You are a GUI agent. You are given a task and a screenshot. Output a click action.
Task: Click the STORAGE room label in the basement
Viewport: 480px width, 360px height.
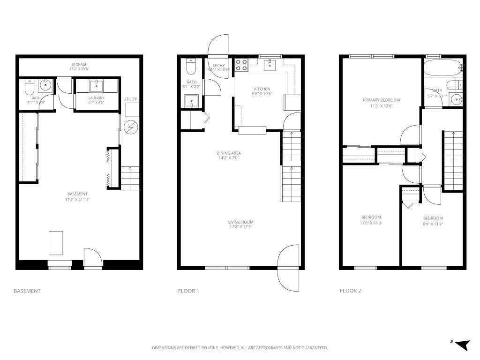[x=79, y=64]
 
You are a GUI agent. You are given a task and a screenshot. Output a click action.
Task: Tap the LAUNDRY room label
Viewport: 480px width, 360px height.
[x=96, y=98]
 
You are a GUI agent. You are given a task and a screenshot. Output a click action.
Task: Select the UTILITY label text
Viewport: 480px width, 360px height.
[x=130, y=99]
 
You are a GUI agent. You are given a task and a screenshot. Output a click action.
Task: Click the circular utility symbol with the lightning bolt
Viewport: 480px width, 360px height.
[x=131, y=127]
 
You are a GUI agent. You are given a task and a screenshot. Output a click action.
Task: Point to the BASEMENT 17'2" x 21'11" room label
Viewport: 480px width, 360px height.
[x=77, y=194]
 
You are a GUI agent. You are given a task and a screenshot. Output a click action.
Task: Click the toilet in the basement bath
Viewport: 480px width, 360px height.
[x=29, y=86]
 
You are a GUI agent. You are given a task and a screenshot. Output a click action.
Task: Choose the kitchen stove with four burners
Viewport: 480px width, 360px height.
[x=241, y=64]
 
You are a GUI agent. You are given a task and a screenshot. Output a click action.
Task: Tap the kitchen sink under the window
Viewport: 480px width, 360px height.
[x=270, y=65]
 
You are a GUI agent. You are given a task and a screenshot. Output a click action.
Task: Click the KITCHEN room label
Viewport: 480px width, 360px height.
[x=262, y=89]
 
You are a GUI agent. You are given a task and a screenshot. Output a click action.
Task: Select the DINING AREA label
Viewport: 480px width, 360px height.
[x=229, y=153]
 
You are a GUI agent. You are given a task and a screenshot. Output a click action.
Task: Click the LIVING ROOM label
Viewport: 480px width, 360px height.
[x=240, y=222]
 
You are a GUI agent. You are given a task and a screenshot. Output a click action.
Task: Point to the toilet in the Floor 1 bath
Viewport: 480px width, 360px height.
[x=191, y=67]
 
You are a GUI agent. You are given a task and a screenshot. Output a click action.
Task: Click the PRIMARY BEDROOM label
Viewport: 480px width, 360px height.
[x=381, y=100]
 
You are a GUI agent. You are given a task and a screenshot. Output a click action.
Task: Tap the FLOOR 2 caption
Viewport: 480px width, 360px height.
[x=350, y=291]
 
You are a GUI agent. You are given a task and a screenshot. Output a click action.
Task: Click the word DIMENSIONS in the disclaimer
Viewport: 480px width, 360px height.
[x=163, y=348]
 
